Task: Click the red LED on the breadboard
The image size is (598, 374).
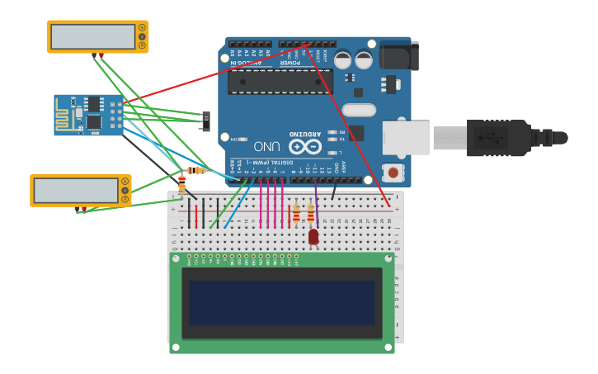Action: tap(313, 237)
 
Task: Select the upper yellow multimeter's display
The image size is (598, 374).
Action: tap(92, 36)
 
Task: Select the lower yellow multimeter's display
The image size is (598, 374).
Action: tap(76, 190)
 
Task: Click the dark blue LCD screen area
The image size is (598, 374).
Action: tap(281, 302)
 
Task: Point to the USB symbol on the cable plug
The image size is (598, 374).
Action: tap(497, 138)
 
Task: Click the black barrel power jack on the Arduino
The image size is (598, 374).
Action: tap(399, 56)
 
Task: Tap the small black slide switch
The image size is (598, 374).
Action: tap(206, 121)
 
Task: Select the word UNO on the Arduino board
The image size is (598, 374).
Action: tap(266, 146)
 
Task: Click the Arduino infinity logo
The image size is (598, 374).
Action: tap(304, 146)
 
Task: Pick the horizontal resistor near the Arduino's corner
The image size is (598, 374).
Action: tap(196, 170)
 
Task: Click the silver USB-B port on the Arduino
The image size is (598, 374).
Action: tap(405, 138)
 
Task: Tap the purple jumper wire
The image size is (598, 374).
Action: tap(316, 202)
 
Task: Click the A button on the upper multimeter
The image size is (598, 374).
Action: tap(142, 27)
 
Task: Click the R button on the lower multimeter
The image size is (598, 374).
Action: tap(125, 200)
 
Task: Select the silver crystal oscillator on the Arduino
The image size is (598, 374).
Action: tap(359, 110)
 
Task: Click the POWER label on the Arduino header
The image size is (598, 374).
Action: tap(290, 62)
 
